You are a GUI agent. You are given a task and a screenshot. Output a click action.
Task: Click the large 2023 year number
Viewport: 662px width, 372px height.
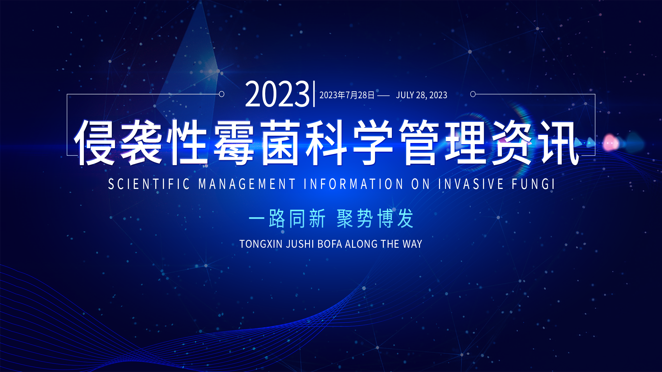[277, 94]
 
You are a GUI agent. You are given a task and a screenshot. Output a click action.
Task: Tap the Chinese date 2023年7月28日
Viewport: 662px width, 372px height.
[347, 95]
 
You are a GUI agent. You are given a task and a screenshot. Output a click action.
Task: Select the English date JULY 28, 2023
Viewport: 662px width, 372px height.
[422, 95]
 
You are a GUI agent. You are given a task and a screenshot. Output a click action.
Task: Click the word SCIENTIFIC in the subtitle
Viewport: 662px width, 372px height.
[149, 184]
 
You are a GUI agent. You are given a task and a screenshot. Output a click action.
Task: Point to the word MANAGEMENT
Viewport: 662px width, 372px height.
[247, 184]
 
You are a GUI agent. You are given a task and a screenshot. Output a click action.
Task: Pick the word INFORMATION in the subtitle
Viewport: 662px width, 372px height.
[353, 184]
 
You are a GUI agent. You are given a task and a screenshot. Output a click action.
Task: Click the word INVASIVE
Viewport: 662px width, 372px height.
[471, 184]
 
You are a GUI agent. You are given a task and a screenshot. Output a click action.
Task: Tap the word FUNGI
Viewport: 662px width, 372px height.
[533, 184]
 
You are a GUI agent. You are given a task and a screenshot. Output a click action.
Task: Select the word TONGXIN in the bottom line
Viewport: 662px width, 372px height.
[261, 244]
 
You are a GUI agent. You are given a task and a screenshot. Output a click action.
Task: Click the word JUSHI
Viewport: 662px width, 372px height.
[300, 244]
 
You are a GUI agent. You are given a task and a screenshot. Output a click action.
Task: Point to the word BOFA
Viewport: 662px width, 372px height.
[330, 244]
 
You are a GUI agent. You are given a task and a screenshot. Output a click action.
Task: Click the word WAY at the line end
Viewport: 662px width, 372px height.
[412, 244]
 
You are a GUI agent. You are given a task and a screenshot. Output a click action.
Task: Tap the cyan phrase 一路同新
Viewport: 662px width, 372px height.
[287, 218]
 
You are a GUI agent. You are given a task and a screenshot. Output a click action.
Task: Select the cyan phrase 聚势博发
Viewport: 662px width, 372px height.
[375, 218]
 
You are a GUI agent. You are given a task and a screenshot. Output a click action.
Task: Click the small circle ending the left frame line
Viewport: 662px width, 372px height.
[221, 94]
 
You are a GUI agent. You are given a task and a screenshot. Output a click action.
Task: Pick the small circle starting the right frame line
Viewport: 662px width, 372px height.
[473, 94]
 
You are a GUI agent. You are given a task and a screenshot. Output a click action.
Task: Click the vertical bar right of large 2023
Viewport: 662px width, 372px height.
[314, 94]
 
